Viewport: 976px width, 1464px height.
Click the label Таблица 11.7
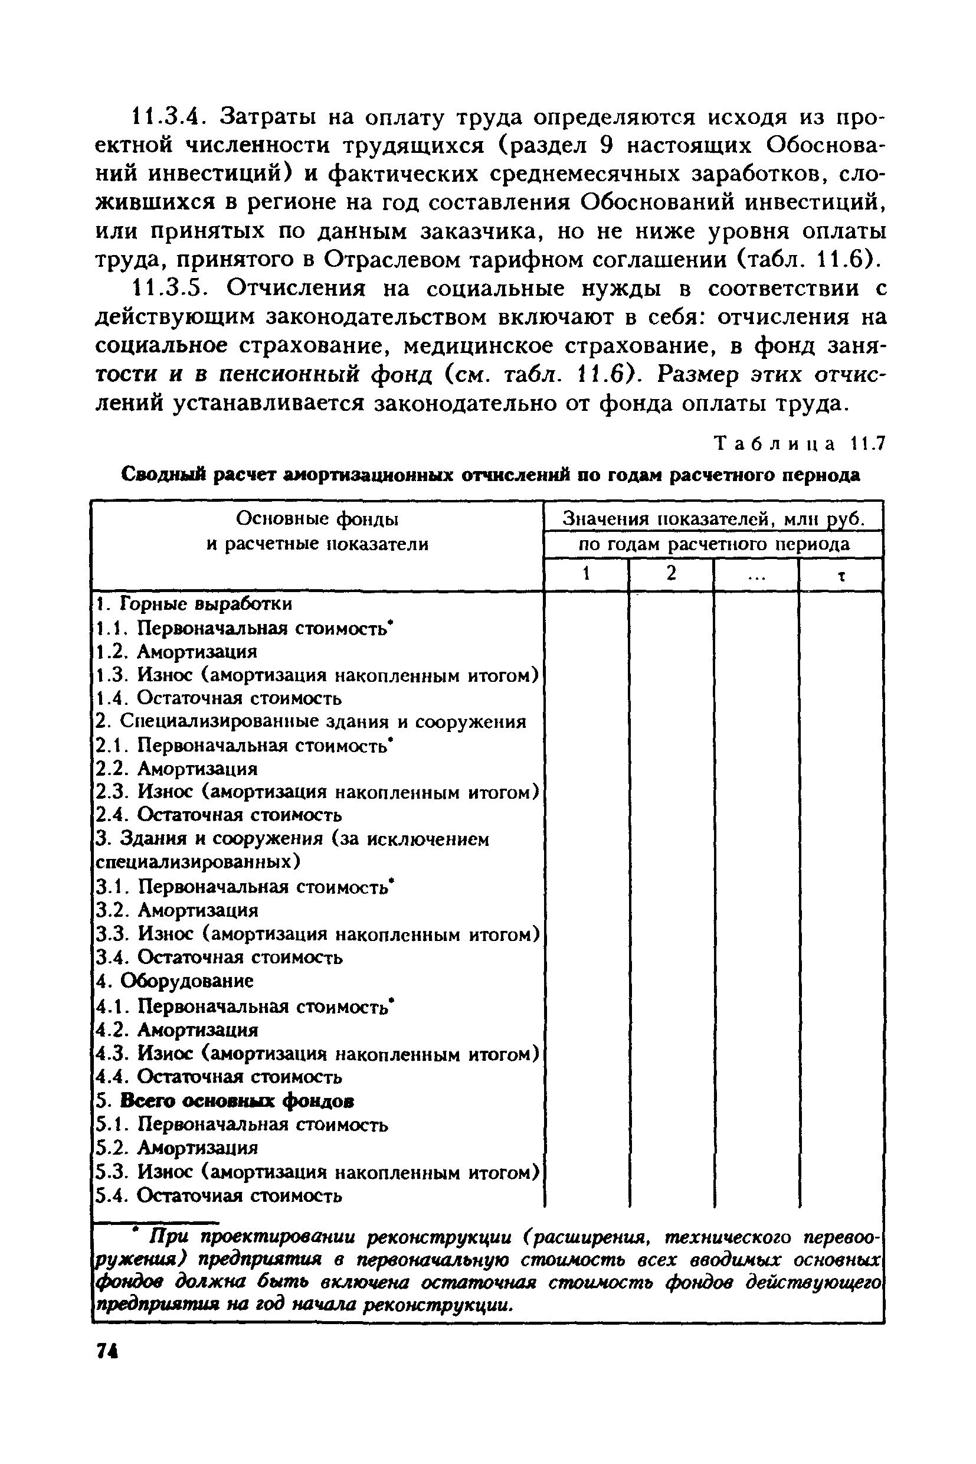pos(799,443)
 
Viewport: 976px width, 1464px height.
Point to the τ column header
pos(841,576)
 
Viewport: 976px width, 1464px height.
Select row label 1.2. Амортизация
pos(177,651)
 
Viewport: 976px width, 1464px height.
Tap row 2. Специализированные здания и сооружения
pos(311,722)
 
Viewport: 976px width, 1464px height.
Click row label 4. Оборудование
pos(175,981)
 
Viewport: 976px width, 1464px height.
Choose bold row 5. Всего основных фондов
pos(225,1100)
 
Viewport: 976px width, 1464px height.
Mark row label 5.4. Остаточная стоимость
pos(219,1195)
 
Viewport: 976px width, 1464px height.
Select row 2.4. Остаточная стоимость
pos(219,815)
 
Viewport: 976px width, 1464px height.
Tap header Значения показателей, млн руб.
pos(713,519)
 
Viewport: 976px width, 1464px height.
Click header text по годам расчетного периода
pos(714,544)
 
